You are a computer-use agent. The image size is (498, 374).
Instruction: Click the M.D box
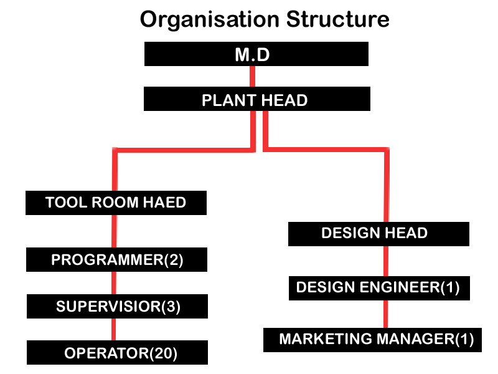256,54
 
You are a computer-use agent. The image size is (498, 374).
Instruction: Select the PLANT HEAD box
256,100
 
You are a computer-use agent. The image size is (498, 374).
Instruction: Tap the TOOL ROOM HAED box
116,203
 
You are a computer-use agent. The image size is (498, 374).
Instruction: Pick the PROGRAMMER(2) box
116,259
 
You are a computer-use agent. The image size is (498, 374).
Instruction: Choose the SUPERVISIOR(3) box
116,306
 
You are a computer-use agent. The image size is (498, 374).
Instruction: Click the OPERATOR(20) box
116,353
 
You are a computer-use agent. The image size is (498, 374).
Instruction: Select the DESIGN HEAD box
378,234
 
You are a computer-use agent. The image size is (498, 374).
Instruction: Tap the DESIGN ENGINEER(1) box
378,287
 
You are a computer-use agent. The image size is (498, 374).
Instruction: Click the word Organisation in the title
210,20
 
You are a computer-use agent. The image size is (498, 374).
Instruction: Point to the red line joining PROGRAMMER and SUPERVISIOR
113,283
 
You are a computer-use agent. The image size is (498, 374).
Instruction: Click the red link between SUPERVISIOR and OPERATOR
113,330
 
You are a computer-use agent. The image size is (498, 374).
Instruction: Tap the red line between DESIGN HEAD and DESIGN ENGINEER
387,261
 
